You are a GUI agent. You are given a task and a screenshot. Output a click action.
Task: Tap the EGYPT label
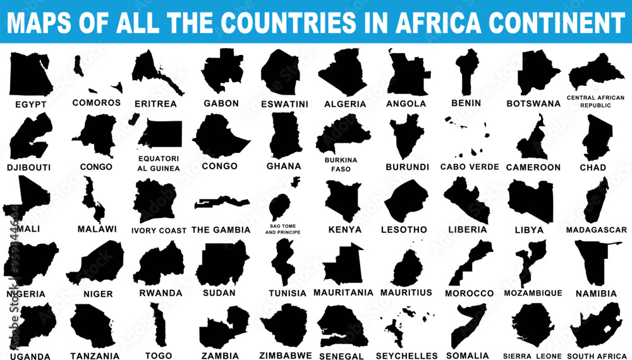[x=31, y=104]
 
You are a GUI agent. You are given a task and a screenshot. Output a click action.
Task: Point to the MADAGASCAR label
[x=597, y=230]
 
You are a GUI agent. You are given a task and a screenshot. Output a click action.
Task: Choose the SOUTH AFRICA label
[x=597, y=356]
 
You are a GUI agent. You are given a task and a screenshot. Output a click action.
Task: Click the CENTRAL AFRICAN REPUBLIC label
[x=595, y=101]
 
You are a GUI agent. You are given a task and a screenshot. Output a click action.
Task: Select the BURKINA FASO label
[x=341, y=165]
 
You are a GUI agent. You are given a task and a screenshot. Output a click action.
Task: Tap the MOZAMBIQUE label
[x=533, y=293]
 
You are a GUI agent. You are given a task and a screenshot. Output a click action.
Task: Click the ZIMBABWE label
[x=286, y=356]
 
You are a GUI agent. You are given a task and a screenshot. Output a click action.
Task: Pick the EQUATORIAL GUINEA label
[x=159, y=164]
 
